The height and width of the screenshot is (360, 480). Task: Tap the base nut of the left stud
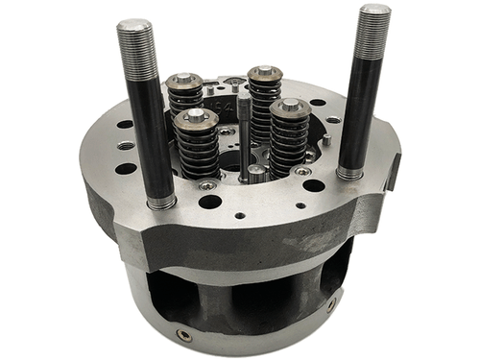159,202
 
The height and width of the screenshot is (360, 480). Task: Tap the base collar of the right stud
349,173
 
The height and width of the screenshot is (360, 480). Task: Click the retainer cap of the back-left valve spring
183,81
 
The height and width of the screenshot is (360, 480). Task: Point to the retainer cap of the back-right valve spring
263,73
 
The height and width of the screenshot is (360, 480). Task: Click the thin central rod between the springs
245,134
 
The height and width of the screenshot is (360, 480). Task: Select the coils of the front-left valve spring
197,151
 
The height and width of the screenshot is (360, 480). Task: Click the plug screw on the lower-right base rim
332,305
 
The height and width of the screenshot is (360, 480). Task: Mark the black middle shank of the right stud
360,110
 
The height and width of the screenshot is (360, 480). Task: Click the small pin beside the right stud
327,140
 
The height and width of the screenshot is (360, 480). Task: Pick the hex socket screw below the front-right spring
302,171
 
